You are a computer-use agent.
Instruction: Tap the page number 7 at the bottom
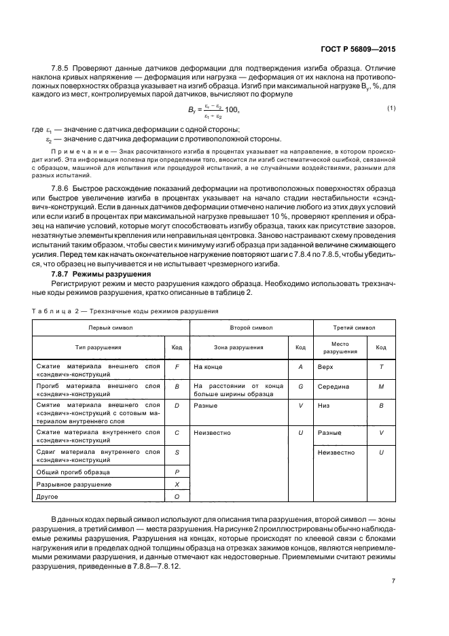pyautogui.click(x=393, y=581)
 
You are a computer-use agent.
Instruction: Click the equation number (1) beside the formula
pyautogui.click(x=391, y=109)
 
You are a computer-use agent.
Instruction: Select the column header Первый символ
pyautogui.click(x=103, y=328)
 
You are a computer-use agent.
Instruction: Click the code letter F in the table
pyautogui.click(x=177, y=366)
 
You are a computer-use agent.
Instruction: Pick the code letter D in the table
pyautogui.click(x=177, y=405)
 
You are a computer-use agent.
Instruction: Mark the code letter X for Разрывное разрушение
pyautogui.click(x=177, y=484)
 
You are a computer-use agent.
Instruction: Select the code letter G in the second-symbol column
pyautogui.click(x=300, y=386)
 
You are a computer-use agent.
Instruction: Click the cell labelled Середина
pyautogui.click(x=334, y=386)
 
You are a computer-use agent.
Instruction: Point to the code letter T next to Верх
pyautogui.click(x=381, y=366)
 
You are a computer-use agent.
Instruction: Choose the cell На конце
pyautogui.click(x=209, y=366)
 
